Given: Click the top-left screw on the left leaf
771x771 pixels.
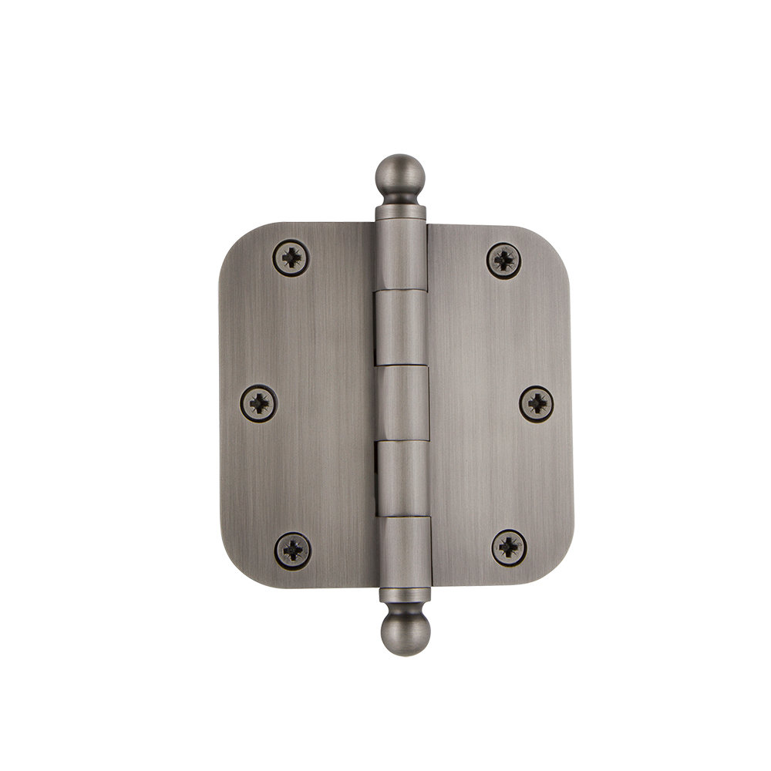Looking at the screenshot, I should (291, 258).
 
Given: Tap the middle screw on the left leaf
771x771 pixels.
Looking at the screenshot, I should (258, 402).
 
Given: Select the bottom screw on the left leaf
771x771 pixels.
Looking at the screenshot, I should (293, 549).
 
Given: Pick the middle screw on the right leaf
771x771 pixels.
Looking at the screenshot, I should (535, 402).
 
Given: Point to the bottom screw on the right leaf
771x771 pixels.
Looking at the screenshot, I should (509, 547).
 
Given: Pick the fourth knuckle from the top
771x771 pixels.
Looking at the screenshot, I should (402, 478).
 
